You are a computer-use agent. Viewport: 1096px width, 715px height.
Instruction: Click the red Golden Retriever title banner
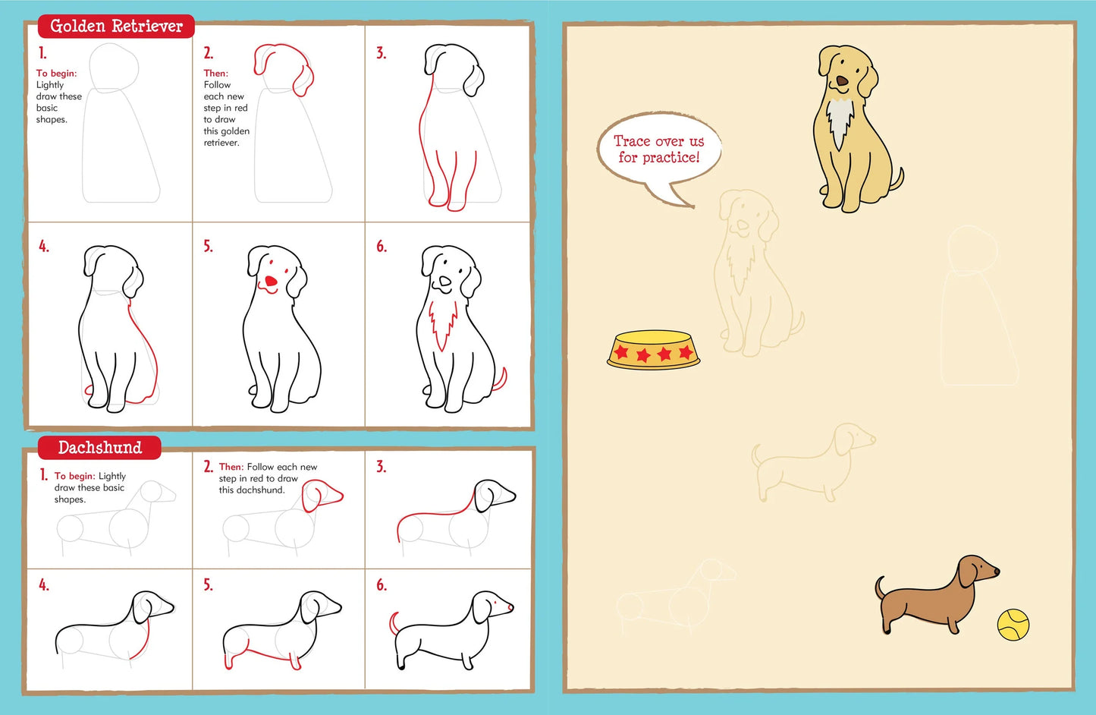116,27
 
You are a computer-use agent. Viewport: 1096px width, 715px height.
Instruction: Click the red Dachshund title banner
99,448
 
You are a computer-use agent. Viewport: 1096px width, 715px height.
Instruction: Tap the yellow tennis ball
1013,625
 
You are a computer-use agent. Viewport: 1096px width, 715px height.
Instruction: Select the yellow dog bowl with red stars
653,350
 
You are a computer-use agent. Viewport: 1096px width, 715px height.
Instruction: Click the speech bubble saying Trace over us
658,150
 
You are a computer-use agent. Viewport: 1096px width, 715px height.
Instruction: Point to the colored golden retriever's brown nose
842,80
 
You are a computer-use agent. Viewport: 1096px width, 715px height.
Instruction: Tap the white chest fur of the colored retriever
839,118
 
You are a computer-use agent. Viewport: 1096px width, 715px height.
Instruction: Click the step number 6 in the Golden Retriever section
382,247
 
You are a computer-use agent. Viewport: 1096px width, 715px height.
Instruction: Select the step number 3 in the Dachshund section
382,467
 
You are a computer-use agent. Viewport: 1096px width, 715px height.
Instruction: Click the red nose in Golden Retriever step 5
270,282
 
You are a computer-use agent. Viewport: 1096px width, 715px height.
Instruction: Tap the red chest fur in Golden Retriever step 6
442,323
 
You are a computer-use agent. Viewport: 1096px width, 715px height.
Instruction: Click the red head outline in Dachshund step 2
322,495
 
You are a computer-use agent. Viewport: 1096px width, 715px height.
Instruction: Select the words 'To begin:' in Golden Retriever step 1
56,74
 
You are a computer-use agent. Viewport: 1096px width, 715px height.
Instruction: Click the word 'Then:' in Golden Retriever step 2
215,74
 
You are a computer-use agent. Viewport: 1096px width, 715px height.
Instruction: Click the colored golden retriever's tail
897,181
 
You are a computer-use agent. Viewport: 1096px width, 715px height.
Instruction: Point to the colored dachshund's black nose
996,572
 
